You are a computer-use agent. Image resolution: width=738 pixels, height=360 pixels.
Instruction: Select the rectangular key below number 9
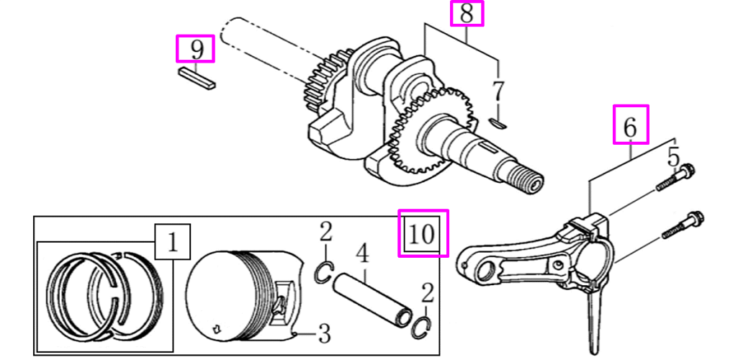click(x=196, y=77)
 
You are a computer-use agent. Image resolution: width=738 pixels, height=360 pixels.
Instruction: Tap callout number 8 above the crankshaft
click(x=467, y=14)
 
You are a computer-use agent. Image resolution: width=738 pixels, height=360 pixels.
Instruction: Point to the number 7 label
click(x=497, y=92)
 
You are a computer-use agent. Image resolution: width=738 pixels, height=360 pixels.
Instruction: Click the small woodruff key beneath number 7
click(x=497, y=122)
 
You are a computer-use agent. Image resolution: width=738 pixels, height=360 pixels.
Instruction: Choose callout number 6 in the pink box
click(x=631, y=126)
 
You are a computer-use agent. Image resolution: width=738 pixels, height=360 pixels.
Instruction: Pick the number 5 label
click(x=673, y=156)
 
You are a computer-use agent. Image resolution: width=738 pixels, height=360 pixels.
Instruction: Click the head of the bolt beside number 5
click(x=687, y=171)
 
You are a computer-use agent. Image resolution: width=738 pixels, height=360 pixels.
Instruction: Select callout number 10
click(x=424, y=233)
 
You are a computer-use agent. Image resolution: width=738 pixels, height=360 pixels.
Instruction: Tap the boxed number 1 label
click(x=172, y=241)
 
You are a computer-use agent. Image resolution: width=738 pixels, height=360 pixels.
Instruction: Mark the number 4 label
click(x=363, y=253)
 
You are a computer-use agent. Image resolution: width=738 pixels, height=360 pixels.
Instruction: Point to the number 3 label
click(x=325, y=333)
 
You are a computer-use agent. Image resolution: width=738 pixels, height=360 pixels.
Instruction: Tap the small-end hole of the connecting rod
click(x=485, y=271)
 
